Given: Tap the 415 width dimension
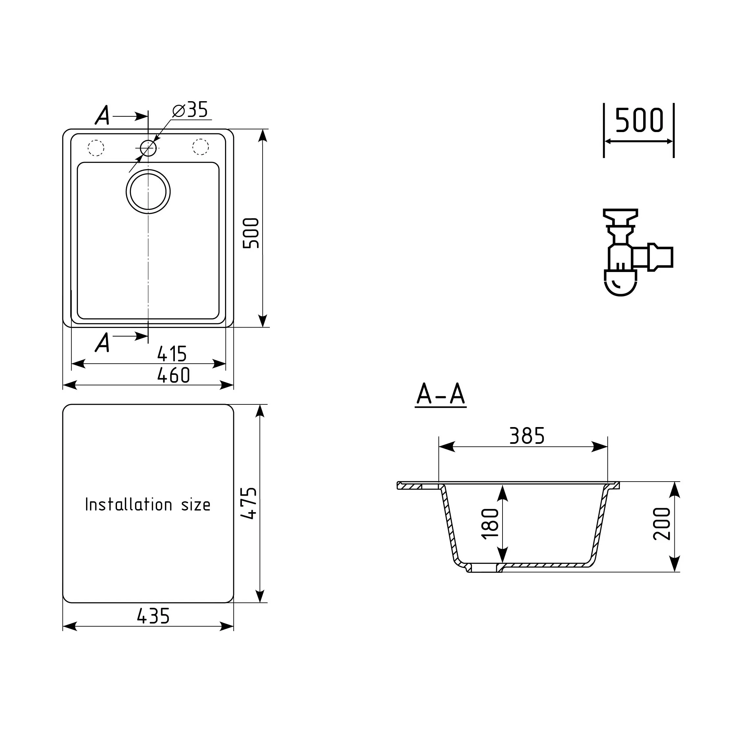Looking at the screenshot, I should (172, 354).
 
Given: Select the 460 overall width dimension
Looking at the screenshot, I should (174, 375).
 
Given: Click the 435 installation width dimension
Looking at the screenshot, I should (153, 617).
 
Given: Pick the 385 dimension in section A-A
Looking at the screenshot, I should (527, 436).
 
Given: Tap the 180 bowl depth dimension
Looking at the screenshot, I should (490, 523).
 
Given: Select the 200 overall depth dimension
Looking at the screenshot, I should (662, 524).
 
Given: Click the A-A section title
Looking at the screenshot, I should (440, 395).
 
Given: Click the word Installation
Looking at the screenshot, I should (129, 505).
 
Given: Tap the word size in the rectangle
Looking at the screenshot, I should (196, 505).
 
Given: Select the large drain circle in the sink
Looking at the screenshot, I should (148, 192).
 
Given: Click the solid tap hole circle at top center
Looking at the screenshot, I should (148, 148).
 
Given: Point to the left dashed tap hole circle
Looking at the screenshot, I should (96, 148).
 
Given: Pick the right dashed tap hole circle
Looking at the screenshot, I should (200, 147).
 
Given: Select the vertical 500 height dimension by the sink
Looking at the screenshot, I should (251, 233).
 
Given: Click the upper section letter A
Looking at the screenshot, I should (103, 115).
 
